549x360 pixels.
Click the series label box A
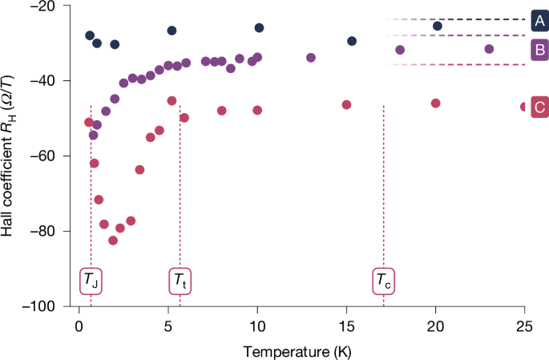(538, 19)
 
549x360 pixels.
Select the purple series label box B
(538, 51)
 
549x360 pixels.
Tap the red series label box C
(538, 106)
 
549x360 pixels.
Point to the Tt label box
(181, 281)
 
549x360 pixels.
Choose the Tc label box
(384, 281)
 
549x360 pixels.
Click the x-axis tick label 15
(346, 326)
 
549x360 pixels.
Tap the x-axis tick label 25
(524, 326)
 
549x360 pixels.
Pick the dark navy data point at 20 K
(437, 26)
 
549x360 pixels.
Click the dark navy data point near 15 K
(351, 41)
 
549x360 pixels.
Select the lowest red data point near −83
(113, 241)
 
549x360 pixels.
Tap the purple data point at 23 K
(489, 49)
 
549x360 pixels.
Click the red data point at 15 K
(346, 104)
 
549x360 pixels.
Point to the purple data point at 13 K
(310, 58)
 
